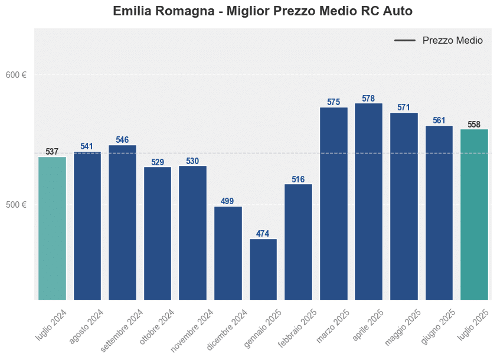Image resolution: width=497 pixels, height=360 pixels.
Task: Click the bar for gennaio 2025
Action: pos(263,269)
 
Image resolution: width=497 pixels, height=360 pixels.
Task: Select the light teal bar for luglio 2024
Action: pos(52,228)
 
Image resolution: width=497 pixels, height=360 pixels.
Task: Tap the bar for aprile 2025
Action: pos(368,201)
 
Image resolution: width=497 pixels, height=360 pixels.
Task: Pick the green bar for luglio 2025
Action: pos(474,214)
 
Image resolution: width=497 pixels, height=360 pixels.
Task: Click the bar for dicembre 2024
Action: pos(228,253)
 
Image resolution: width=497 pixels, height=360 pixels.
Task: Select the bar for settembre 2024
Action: pos(122,222)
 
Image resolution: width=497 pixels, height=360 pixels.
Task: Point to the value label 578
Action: pos(368,99)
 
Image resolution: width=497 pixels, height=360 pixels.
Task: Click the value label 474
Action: pos(263,234)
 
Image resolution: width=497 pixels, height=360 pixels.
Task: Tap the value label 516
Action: pos(298,179)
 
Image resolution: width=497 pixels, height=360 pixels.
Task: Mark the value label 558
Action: pos(474,125)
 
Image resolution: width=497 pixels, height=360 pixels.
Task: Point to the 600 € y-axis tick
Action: pos(16,75)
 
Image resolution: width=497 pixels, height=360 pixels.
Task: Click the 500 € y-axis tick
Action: pos(16,205)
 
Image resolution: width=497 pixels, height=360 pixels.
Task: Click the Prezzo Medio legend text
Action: pos(452,41)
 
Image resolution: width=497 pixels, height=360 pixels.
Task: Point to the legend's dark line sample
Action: pos(405,41)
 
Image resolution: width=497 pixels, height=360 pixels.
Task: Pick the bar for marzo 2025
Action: pos(333,204)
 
